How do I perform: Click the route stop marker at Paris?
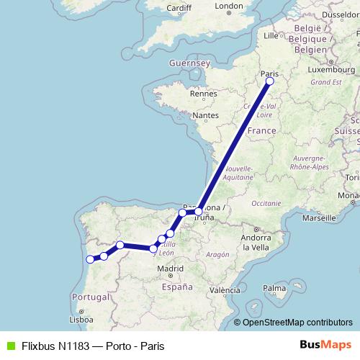pos(269,81)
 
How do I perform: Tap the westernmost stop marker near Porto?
pos(89,259)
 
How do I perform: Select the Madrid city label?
pos(171,269)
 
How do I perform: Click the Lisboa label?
pos(80,319)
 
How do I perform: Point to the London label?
pos(229,6)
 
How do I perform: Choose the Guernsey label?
pos(188,63)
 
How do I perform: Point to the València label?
pos(225,290)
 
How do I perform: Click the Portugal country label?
pos(90,297)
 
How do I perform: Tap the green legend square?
pos(9,346)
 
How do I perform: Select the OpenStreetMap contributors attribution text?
pos(297,323)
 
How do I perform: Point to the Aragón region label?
pos(217,254)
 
